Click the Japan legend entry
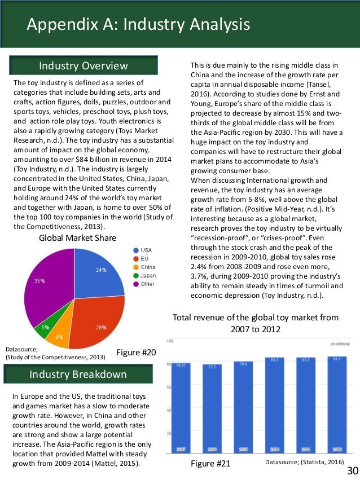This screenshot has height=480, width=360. tap(146, 276)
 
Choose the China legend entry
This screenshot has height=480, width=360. tap(146, 267)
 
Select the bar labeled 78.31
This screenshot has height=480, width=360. tap(182, 408)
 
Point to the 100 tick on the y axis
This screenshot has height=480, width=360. tap(169, 341)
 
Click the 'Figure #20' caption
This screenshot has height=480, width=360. tap(135, 353)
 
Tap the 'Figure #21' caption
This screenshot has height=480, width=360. tap(210, 463)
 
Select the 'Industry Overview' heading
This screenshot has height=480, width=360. tap(83, 66)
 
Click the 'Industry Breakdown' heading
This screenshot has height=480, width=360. tap(78, 375)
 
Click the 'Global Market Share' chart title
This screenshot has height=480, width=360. tap(77, 238)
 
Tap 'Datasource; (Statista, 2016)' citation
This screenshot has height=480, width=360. tap(305, 462)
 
